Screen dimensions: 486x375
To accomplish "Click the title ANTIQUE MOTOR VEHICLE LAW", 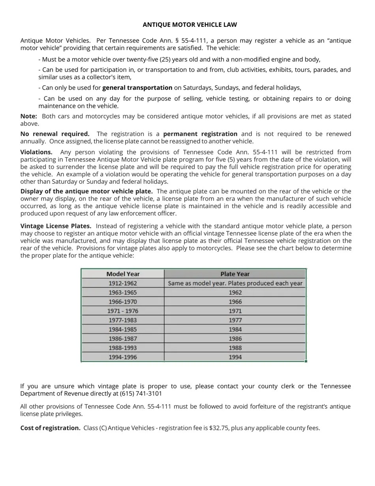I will [189, 25].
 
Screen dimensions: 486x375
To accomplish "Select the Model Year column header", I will [123, 274].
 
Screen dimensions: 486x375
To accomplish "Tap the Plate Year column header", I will [235, 274].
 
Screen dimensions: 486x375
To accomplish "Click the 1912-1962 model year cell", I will [123, 283].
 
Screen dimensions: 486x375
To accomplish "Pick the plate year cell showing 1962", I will [235, 292].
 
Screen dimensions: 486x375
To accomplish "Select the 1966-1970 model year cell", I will [123, 301].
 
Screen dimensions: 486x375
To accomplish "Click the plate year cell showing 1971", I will [235, 311].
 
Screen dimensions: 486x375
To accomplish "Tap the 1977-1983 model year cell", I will [123, 320].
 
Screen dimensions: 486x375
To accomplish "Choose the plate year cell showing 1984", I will [235, 329].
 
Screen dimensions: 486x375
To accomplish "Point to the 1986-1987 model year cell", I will [123, 339].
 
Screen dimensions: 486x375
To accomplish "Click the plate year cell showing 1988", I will [235, 348].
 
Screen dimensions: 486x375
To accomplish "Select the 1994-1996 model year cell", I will [123, 357].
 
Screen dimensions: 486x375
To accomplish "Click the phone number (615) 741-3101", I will [141, 394].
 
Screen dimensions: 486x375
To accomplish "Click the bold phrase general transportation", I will [137, 88].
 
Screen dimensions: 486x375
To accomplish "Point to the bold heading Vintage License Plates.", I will [56, 226].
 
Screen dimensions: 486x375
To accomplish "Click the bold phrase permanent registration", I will [200, 134].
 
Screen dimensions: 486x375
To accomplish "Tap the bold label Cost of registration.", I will [50, 428].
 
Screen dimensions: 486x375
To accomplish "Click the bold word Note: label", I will [29, 116].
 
